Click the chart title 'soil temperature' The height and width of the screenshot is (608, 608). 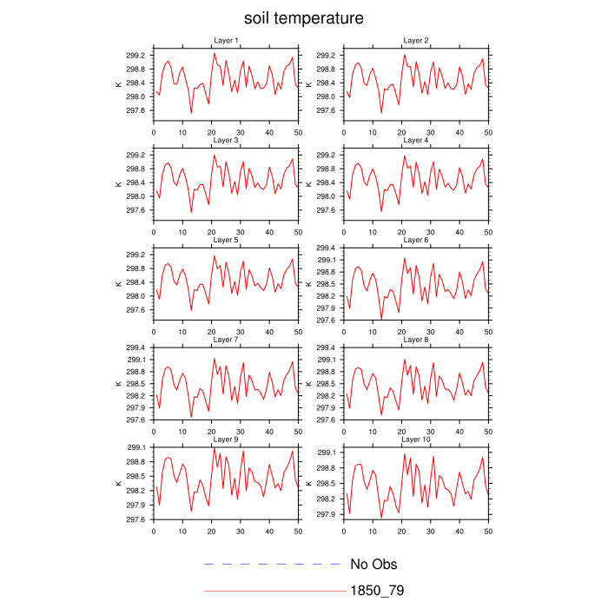tap(303, 18)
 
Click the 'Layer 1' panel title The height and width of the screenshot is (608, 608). tap(226, 41)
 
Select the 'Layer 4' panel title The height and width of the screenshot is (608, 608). tap(416, 140)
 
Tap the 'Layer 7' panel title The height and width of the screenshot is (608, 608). tap(226, 340)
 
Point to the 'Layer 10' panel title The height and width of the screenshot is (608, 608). tap(416, 439)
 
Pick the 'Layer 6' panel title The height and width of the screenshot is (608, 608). tap(416, 240)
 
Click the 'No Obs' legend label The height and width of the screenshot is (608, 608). tap(373, 565)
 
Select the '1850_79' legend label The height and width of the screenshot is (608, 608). tap(376, 591)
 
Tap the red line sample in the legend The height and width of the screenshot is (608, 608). tap(273, 591)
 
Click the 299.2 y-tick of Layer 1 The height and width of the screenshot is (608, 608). tap(134, 56)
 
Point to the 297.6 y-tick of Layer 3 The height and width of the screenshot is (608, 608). tap(134, 210)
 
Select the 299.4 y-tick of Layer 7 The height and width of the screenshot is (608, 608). tap(134, 347)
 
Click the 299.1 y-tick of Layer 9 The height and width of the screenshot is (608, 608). tap(134, 447)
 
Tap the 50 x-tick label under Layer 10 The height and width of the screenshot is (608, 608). tap(488, 531)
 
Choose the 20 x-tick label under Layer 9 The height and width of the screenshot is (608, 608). tap(211, 531)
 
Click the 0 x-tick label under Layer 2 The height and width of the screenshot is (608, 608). tap(344, 132)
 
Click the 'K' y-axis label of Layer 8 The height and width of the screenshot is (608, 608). tap(309, 384)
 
